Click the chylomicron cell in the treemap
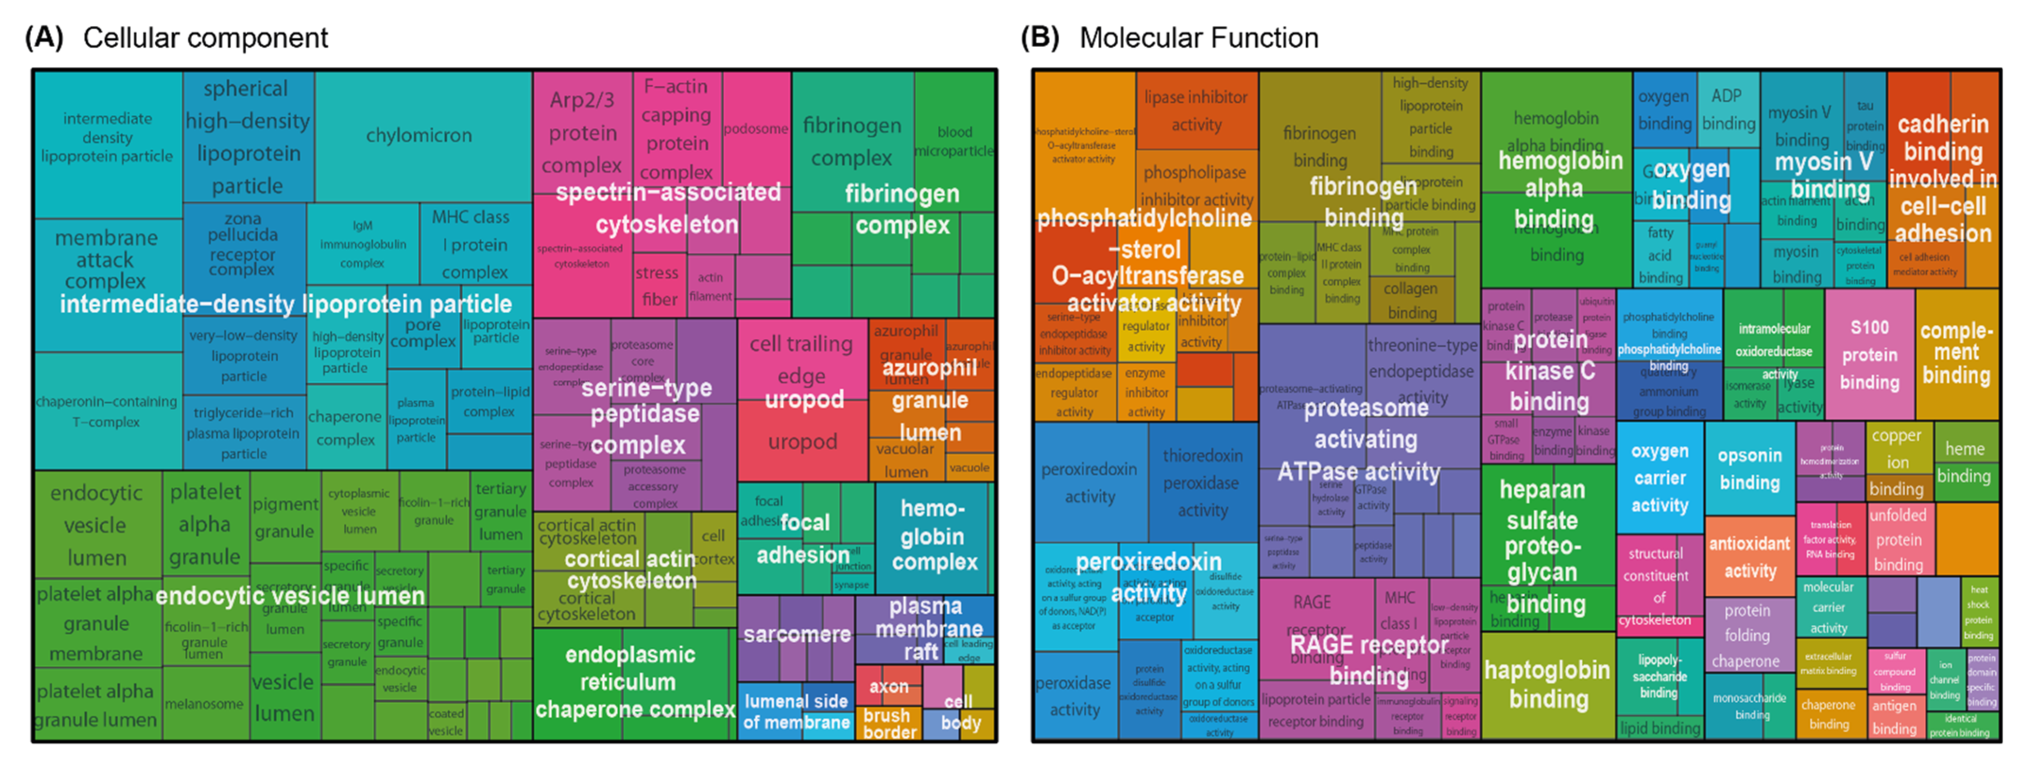[419, 136]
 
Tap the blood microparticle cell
[954, 140]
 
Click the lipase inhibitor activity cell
[1196, 110]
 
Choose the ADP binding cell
[1728, 109]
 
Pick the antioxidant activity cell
[1749, 557]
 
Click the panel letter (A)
[43, 37]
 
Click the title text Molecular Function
[1198, 37]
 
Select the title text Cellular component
[205, 37]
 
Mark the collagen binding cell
[1411, 300]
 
